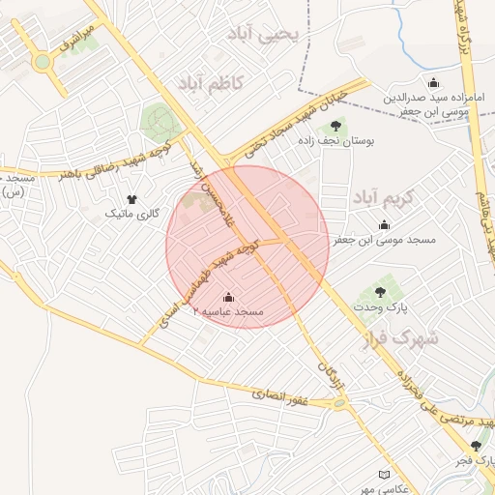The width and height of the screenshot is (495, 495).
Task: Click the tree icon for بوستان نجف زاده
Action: click(x=335, y=125)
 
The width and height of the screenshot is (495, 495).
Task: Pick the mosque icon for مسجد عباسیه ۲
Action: click(x=228, y=297)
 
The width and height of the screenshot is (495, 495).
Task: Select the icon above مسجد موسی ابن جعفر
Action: click(x=386, y=223)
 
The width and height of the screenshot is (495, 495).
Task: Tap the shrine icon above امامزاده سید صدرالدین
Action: click(x=432, y=81)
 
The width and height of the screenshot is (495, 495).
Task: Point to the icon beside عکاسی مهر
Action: click(x=386, y=476)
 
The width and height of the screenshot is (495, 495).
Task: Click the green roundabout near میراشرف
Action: click(x=43, y=63)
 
